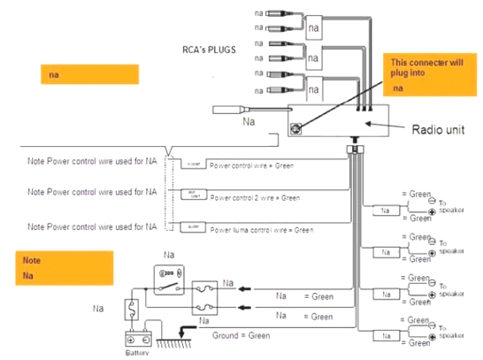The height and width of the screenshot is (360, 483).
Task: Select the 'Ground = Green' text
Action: pyautogui.click(x=241, y=335)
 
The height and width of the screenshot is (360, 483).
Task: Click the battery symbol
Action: pyautogui.click(x=140, y=340)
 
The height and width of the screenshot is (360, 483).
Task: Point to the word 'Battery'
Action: pyautogui.click(x=138, y=355)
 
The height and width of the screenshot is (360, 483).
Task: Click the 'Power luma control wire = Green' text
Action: pyautogui.click(x=262, y=229)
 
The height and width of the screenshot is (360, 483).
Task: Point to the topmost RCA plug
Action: pyautogui.click(x=280, y=13)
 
